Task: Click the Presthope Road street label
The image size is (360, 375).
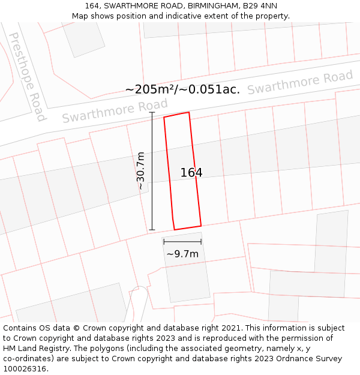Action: pos(26,76)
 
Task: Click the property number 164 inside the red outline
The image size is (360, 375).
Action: pos(191,173)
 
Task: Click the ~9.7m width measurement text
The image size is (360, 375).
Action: pos(182,254)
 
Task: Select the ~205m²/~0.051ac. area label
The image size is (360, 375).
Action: pos(182,89)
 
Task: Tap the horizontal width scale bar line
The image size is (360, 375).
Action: pos(182,242)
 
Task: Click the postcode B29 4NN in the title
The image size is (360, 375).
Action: pos(260,5)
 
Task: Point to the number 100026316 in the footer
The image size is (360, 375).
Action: pos(25,368)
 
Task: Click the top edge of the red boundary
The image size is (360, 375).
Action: pos(176,114)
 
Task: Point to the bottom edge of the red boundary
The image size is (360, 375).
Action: pos(187,227)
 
